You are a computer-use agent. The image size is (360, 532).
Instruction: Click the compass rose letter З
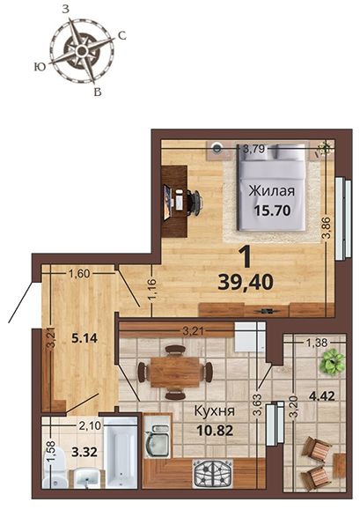pos(66,10)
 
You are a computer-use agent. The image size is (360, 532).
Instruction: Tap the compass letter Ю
pos(40,67)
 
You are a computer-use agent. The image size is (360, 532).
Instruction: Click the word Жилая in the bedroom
pos(272,192)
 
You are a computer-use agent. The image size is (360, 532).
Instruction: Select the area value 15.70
pos(272,211)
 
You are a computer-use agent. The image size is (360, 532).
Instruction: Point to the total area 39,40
pos(246,282)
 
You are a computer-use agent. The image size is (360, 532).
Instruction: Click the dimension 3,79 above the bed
pos(253,149)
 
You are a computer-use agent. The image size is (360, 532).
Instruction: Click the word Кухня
pos(214,411)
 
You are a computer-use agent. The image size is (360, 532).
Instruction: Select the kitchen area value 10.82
pos(215,431)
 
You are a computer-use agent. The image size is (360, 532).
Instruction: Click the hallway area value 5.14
pos(84,337)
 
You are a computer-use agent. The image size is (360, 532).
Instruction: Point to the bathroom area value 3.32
pos(84,452)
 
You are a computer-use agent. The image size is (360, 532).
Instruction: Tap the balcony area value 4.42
pos(321,396)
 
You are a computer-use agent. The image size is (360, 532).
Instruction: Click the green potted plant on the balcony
pos(332,362)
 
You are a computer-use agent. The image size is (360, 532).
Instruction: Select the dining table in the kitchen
pos(175,373)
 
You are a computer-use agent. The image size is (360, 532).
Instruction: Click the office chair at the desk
pos(195,203)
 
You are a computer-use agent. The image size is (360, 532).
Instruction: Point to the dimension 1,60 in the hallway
pos(79,273)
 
